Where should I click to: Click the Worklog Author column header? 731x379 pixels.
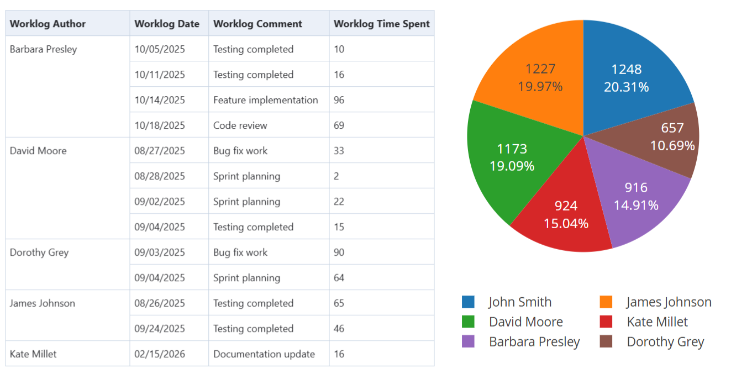tap(48, 24)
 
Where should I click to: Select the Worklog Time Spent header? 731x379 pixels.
tap(382, 24)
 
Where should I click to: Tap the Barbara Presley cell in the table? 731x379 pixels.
tap(44, 49)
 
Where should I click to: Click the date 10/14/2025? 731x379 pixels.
tap(160, 100)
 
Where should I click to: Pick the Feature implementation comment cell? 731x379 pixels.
tap(265, 100)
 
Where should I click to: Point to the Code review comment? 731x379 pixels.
tap(240, 125)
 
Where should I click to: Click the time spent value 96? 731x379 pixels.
tap(339, 100)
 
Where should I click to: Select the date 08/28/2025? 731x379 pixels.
tap(160, 176)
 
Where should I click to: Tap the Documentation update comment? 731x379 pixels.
tap(264, 354)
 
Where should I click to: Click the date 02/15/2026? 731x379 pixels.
tap(160, 354)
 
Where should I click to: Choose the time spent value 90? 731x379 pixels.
tap(339, 252)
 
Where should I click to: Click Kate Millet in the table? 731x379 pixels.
tap(33, 354)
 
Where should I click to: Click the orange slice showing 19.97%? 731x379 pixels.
tap(540, 77)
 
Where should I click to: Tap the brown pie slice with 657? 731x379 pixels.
tap(672, 136)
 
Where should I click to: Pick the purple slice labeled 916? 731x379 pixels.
tap(636, 196)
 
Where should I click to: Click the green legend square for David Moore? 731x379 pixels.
tap(468, 322)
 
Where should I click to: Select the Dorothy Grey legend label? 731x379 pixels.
tap(665, 342)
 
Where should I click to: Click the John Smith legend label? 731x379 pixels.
tap(520, 302)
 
